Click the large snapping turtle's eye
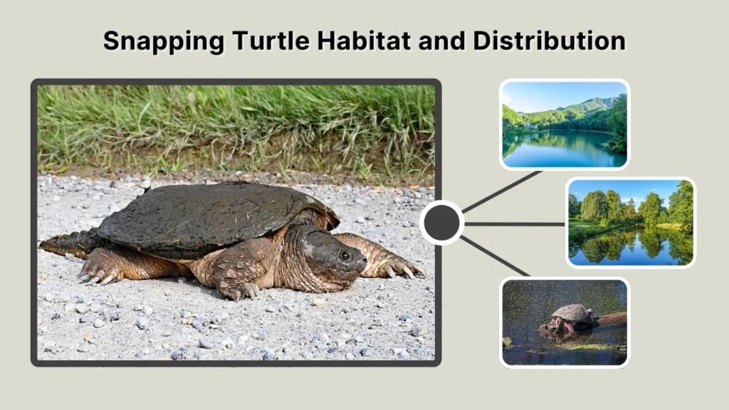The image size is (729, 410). click(x=345, y=254)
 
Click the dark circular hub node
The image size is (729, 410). click(x=441, y=223)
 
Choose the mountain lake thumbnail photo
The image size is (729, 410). click(x=564, y=125)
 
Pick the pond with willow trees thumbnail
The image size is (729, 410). click(x=631, y=222)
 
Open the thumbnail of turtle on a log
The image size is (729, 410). click(x=564, y=322)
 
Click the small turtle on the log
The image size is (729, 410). click(x=571, y=315)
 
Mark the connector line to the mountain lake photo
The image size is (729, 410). click(x=501, y=191)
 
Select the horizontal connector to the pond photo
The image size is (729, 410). click(x=514, y=224)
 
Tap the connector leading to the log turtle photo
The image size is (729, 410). click(x=495, y=256)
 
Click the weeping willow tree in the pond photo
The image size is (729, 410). click(x=595, y=206)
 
